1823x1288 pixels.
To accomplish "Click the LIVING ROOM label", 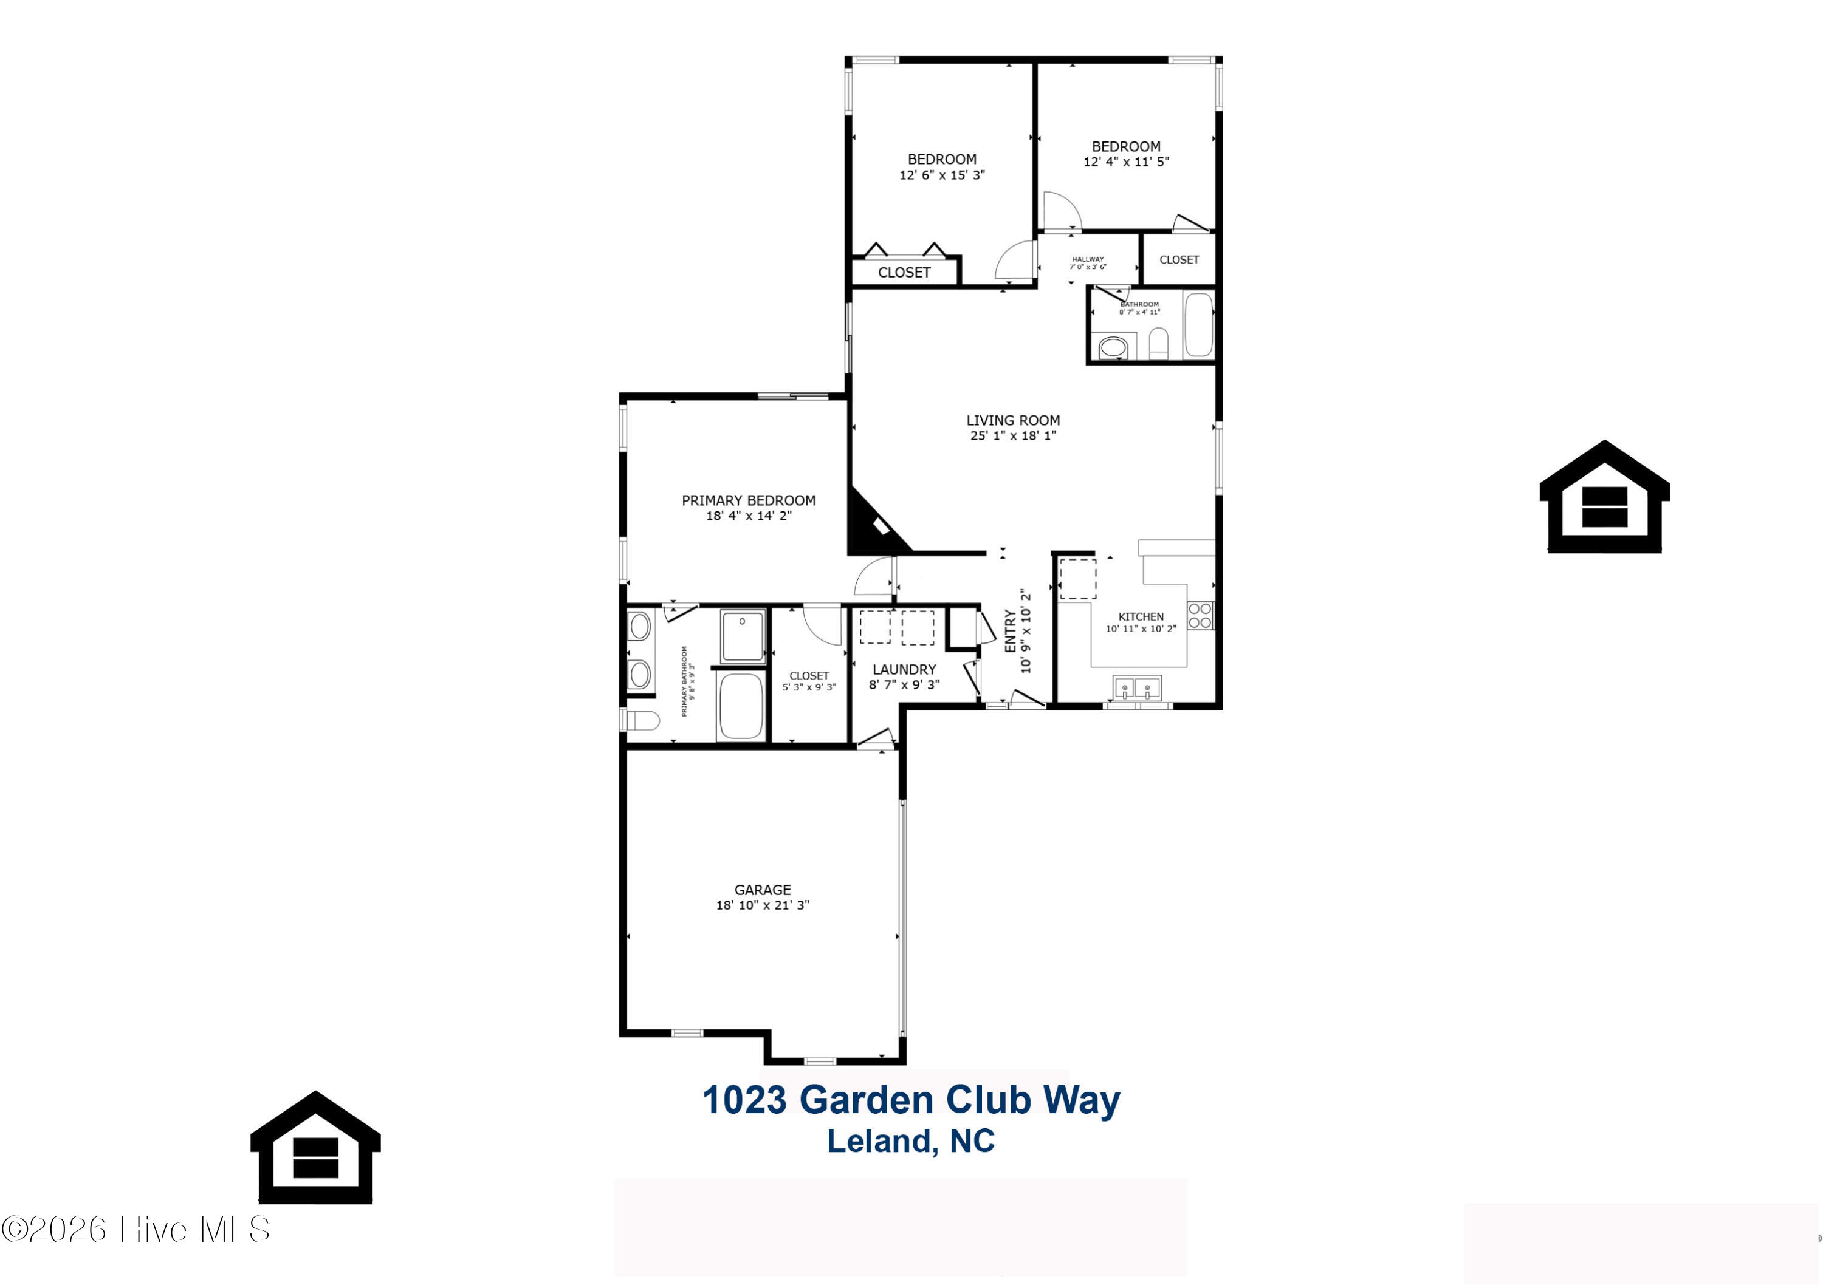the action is (1012, 421).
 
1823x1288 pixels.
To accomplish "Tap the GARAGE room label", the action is (762, 890).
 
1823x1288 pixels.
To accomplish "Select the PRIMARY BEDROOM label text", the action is (749, 501).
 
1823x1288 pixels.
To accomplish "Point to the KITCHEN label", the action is (1141, 616).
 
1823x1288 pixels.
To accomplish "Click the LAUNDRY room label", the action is (904, 670).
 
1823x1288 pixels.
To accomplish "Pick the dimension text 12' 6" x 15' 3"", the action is (942, 175).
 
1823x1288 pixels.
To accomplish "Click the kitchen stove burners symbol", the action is (1201, 616).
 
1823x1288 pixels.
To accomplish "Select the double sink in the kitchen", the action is (1137, 687).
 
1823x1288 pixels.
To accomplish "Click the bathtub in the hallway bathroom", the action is (1198, 325).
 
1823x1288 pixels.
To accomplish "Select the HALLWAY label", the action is (1088, 259).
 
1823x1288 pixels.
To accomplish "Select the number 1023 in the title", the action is (745, 1100).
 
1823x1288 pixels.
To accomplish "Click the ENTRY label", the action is (1011, 631).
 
